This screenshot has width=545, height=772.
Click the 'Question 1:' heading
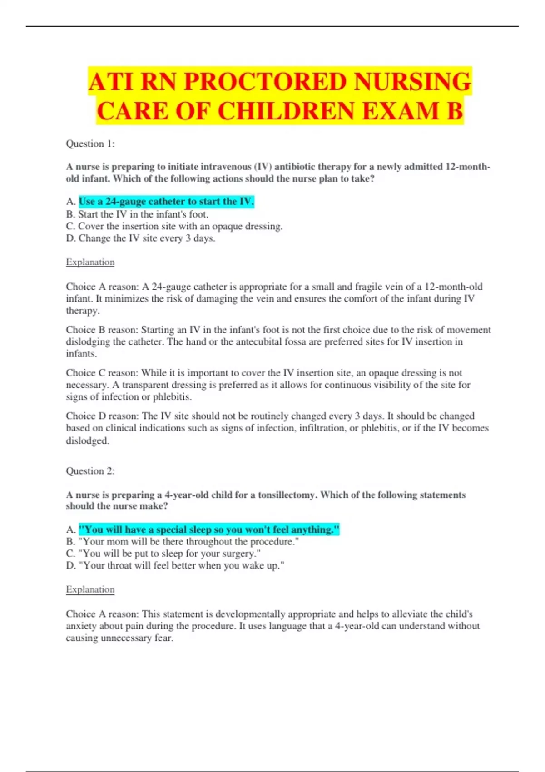coord(90,144)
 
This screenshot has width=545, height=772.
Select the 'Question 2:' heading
coord(90,471)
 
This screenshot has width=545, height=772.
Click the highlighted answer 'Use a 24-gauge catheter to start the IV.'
coord(166,201)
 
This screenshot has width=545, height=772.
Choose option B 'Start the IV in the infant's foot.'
coord(143,214)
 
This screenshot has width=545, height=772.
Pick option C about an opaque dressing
coord(180,226)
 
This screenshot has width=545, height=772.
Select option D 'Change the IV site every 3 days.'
coord(147,238)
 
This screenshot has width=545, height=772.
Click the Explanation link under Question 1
coord(90,262)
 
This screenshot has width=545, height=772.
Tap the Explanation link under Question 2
coord(90,589)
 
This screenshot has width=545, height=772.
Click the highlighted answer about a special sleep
coord(209,530)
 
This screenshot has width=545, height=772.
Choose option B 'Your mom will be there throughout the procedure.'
coord(188,541)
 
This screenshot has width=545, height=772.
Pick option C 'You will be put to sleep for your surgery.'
coord(169,554)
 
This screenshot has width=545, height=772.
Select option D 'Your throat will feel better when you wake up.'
coord(181,565)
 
